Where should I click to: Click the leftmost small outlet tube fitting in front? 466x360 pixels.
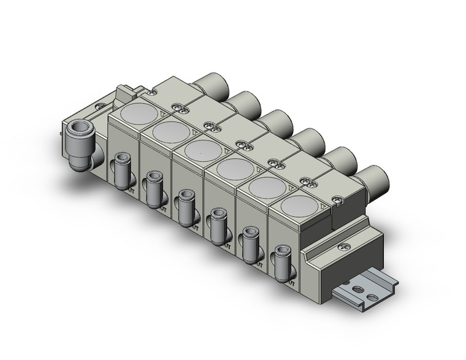[x=120, y=171]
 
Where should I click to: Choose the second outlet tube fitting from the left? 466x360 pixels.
[x=153, y=189]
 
